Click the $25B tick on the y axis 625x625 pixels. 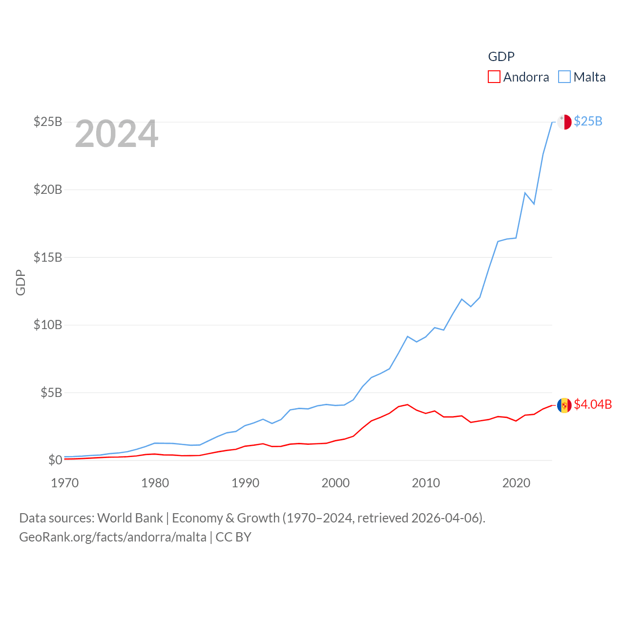tap(48, 122)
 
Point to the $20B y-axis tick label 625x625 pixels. tap(48, 189)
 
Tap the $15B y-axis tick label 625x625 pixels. tap(48, 257)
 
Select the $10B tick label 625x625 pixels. tap(48, 325)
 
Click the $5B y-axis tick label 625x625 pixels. tap(51, 393)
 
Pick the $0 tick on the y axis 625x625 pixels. tap(55, 460)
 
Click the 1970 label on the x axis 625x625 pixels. tap(65, 483)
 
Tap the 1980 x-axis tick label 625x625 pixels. tap(155, 483)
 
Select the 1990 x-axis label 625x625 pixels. tap(246, 483)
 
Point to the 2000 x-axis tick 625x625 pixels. tap(336, 483)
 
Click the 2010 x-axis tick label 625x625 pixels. tap(426, 483)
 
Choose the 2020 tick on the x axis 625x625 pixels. tap(516, 483)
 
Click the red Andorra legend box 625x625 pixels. tap(494, 77)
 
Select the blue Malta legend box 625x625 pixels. tap(564, 77)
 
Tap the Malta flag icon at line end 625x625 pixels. tap(564, 122)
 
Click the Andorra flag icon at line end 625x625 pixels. tap(564, 405)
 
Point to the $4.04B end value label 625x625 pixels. tap(593, 404)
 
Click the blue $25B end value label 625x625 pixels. tap(588, 121)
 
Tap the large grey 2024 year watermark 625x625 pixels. tap(117, 134)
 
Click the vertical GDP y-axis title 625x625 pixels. tap(21, 282)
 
